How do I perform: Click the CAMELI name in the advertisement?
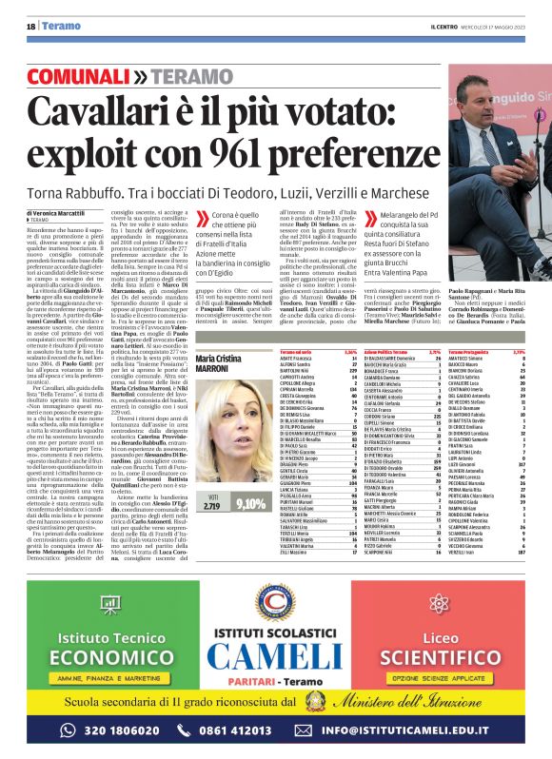coord(275,656)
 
